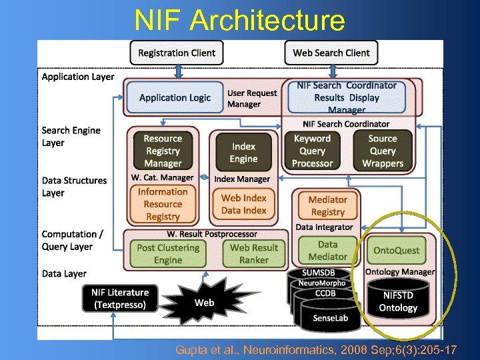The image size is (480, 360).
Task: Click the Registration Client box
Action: point(177,53)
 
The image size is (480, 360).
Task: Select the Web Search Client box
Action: point(331,53)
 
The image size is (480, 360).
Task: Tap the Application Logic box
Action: point(175,97)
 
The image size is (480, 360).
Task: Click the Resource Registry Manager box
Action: point(163,151)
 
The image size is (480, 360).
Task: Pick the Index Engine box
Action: point(244,153)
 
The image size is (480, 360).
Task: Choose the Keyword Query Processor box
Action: point(312,151)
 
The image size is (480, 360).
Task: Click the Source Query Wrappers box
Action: point(383,151)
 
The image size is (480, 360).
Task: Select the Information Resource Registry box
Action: point(163,204)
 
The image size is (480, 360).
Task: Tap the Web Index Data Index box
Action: point(244,204)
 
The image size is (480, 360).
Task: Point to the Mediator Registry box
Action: point(327,205)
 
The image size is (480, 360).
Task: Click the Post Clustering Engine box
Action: point(168,253)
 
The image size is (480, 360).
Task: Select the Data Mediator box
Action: point(327,251)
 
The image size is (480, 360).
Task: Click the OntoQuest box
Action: point(397,251)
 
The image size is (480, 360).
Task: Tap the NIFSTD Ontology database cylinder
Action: point(398,299)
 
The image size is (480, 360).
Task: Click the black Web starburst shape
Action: point(204,303)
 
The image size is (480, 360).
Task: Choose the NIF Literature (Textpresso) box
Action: point(121,299)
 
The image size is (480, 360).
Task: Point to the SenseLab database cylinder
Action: point(330,317)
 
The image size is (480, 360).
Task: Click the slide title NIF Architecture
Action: point(239,20)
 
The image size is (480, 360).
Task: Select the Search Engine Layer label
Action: point(71,137)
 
